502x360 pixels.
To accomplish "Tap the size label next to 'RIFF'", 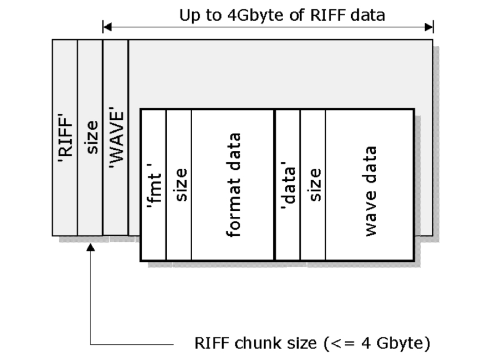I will pos(90,138).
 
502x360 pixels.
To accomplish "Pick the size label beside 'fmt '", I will pos(179,185).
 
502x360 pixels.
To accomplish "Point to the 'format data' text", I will pos(233,185).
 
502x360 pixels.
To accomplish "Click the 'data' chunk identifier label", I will pos(288,185).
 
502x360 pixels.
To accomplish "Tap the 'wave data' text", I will pos(370,190).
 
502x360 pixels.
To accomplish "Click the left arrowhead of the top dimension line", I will pos(107,27).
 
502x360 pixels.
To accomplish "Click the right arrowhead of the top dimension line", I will pos(429,27).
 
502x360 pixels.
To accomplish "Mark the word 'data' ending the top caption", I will pos(368,15).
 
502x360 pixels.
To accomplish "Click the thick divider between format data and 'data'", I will pos(275,185).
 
